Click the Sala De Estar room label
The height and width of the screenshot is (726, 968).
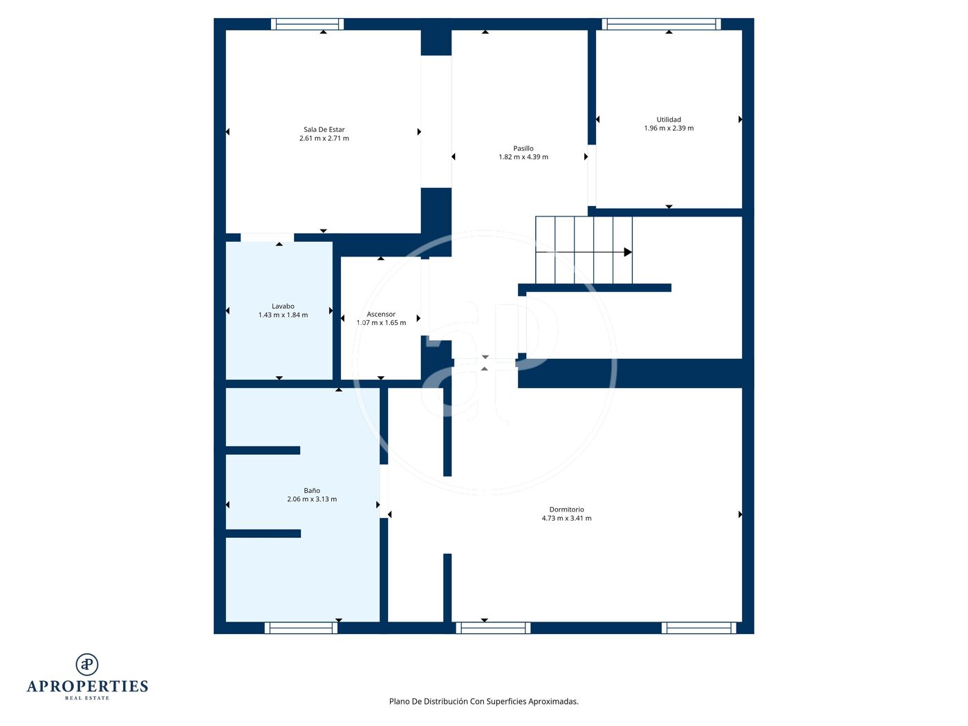click(324, 129)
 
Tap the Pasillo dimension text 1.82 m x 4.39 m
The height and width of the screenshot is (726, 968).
click(523, 157)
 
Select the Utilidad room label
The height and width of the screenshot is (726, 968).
click(669, 120)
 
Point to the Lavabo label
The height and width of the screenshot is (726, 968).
click(283, 306)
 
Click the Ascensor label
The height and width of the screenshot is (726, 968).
click(381, 315)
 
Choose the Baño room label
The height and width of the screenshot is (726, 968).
click(312, 491)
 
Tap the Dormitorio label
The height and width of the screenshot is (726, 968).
click(566, 510)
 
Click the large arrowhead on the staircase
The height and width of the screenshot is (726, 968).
click(628, 252)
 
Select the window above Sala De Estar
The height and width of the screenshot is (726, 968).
click(308, 24)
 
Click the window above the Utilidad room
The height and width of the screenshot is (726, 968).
click(661, 24)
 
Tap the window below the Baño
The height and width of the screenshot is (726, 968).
click(301, 628)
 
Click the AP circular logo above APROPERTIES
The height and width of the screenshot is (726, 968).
click(87, 664)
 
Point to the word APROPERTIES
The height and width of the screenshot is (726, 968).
click(87, 687)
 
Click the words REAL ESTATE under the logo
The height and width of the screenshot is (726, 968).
click(87, 698)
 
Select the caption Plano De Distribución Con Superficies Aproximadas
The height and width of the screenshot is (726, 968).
click(483, 701)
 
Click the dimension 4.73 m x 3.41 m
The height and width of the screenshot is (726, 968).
click(566, 519)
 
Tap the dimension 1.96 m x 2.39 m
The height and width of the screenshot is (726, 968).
click(669, 129)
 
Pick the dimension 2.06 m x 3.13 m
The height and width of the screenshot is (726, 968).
click(312, 499)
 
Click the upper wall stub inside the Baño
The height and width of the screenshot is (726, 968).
click(263, 450)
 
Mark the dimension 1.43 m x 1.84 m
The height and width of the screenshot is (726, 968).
click(283, 315)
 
